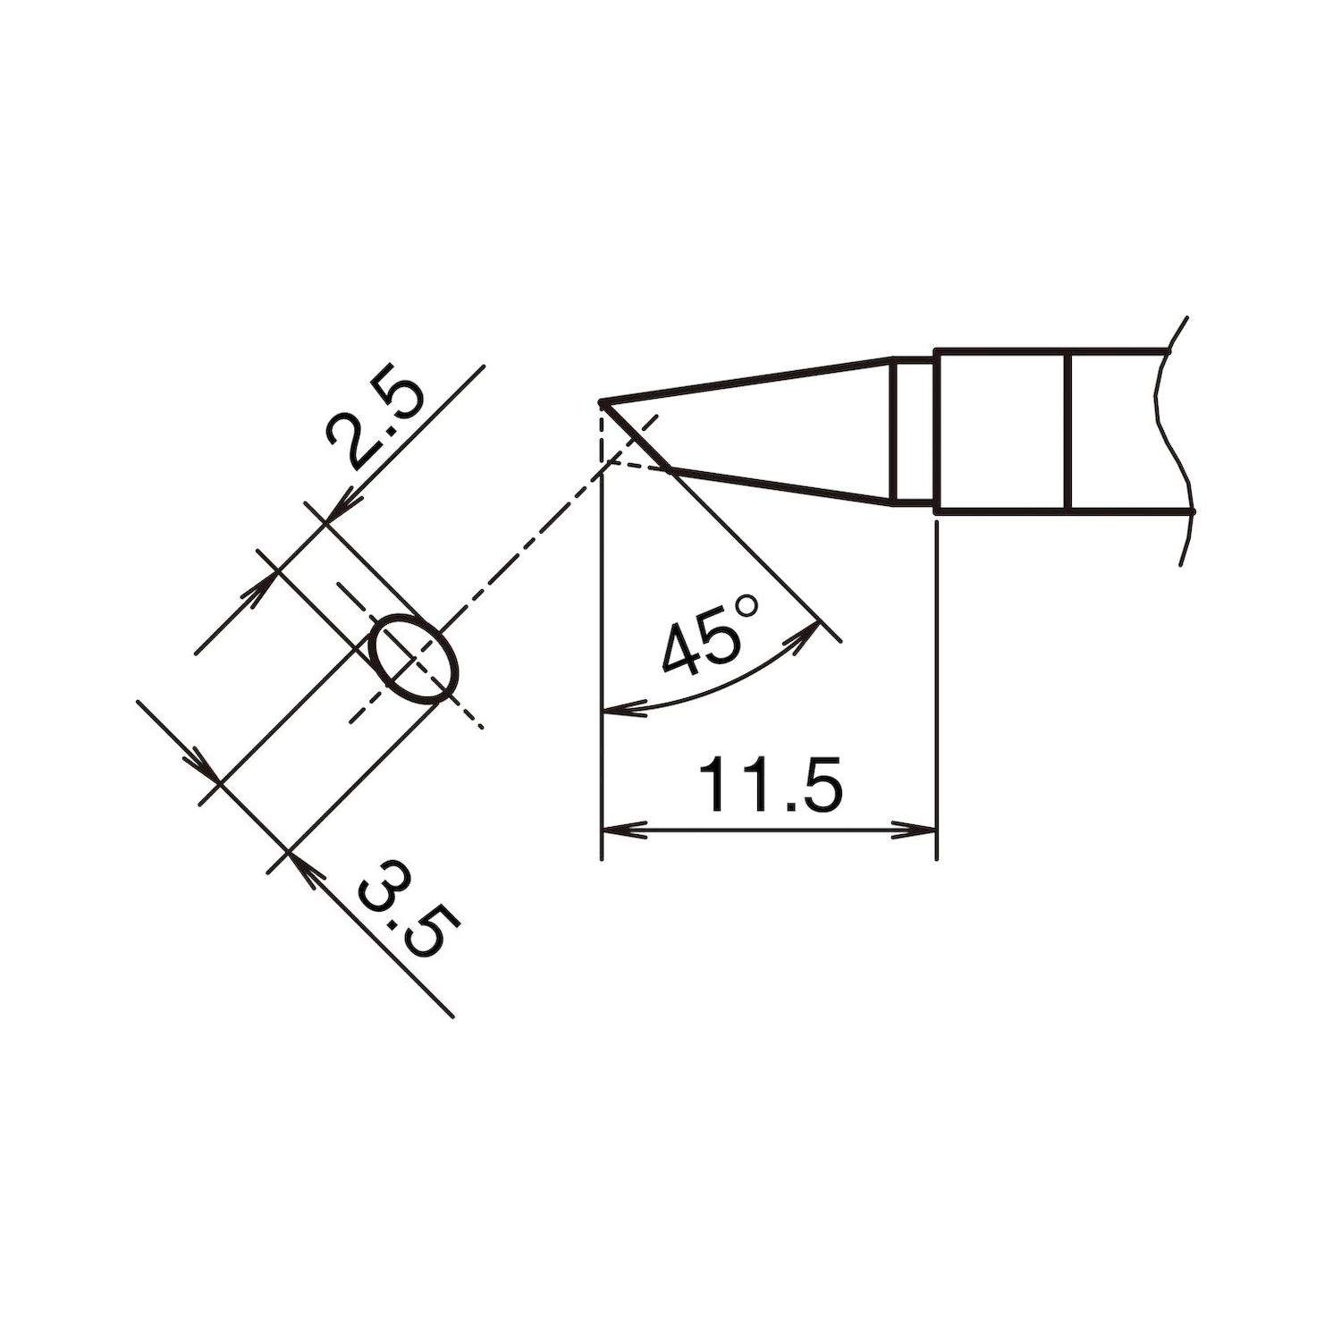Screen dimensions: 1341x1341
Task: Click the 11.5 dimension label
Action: click(771, 785)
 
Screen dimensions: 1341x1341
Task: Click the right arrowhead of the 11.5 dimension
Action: click(921, 830)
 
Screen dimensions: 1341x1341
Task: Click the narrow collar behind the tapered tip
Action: click(914, 430)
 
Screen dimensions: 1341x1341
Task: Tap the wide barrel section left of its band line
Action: click(999, 430)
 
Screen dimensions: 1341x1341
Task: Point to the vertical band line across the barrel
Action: click(1068, 430)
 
